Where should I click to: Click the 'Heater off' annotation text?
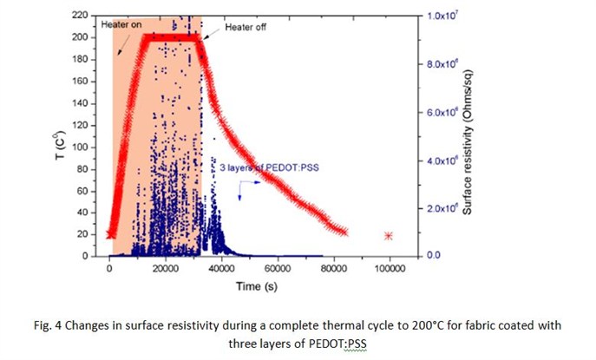(x=246, y=29)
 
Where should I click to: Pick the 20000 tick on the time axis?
(x=165, y=269)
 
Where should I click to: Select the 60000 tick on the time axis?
(x=278, y=269)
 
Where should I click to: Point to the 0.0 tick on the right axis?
(x=437, y=256)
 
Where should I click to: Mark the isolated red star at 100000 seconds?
(x=390, y=236)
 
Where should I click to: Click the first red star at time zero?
(x=110, y=234)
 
